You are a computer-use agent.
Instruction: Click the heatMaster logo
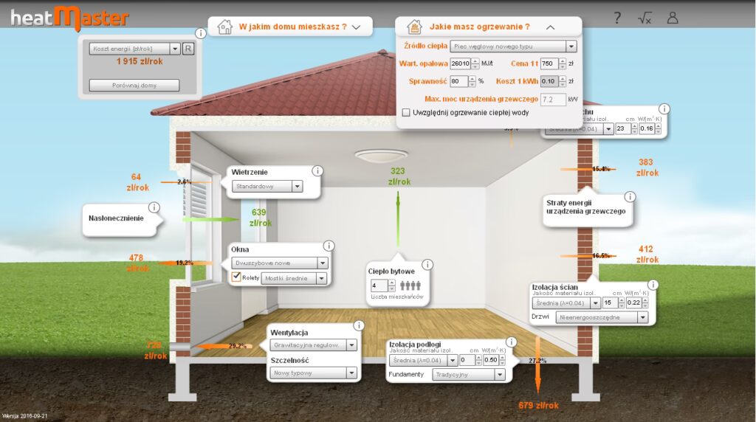[69, 18]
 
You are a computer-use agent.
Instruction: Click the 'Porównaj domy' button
[134, 85]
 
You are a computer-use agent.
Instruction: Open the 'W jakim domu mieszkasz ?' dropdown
[290, 27]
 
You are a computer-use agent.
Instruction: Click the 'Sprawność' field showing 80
[458, 81]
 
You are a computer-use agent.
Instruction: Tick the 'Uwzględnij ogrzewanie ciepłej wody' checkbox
[406, 113]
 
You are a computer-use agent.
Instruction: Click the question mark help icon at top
[617, 18]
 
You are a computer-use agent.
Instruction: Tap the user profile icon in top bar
[672, 18]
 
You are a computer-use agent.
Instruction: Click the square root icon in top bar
[645, 18]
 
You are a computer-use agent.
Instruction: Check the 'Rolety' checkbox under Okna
[236, 277]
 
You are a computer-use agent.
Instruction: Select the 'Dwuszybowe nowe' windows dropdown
[279, 263]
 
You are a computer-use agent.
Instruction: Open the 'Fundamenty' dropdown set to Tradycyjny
[470, 375]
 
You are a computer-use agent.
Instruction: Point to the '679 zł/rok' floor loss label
[538, 405]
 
